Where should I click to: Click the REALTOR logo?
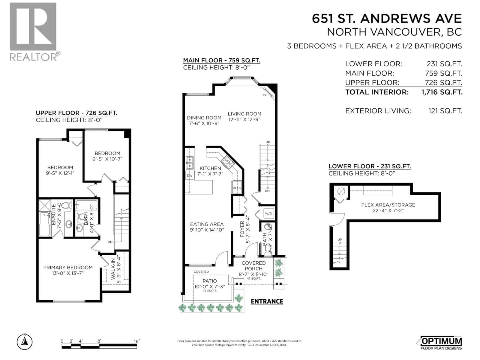coord(33,31)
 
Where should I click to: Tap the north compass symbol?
coord(25,341)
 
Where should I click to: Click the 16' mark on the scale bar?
coord(137,341)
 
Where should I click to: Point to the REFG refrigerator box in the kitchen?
coord(237,188)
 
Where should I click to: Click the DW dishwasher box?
coord(190,175)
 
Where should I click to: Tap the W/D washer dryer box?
coord(268,214)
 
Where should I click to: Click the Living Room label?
coord(244,114)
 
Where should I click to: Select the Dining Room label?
coord(204,118)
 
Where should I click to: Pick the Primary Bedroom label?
coord(68,268)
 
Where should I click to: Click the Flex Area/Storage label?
coord(388,205)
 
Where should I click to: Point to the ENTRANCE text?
coord(267,301)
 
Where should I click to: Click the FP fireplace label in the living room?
coord(264,95)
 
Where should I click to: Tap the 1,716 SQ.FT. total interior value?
coord(442,92)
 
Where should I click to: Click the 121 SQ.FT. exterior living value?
coord(445,111)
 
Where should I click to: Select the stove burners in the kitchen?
coord(228,162)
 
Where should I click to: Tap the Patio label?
coord(210,281)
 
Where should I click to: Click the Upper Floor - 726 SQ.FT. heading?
coord(76,113)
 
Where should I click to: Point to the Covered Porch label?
coord(253,266)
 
